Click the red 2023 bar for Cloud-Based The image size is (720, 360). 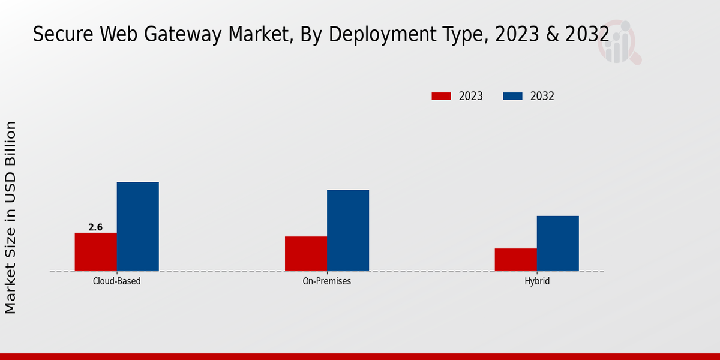(x=95, y=252)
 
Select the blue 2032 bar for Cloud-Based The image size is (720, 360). (x=137, y=226)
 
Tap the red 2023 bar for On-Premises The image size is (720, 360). (x=306, y=254)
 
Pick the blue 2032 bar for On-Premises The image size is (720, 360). (x=348, y=230)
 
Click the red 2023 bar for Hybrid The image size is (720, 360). (x=515, y=260)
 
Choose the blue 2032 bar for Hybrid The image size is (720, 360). (x=557, y=243)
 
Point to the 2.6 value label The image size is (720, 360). (x=95, y=227)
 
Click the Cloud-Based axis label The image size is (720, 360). (x=117, y=281)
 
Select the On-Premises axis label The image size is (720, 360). (x=327, y=281)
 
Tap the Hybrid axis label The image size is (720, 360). (x=536, y=281)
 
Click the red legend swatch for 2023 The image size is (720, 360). (x=441, y=96)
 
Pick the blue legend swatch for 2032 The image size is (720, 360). (x=512, y=96)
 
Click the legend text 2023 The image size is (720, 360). (x=471, y=96)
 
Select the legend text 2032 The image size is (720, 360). (x=542, y=96)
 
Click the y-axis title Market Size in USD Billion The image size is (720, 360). (x=11, y=217)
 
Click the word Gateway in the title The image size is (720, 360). (x=159, y=35)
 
